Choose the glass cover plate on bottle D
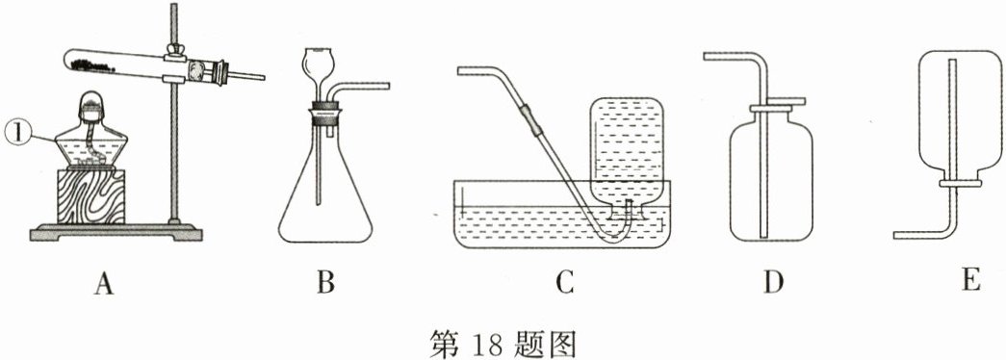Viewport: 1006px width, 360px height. (x=773, y=102)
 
